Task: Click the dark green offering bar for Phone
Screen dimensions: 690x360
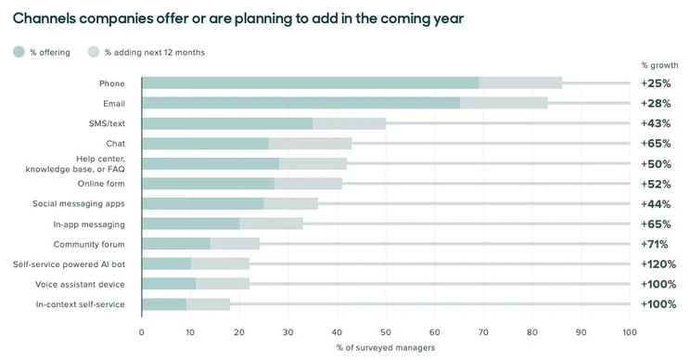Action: tap(311, 84)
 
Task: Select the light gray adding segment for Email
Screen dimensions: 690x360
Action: tap(504, 103)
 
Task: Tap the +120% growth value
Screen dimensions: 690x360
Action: tap(658, 264)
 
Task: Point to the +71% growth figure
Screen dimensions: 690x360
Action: tap(655, 244)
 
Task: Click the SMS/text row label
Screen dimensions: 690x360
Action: tap(107, 123)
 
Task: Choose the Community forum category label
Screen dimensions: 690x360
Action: tap(89, 244)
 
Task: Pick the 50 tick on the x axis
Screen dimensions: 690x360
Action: tap(386, 332)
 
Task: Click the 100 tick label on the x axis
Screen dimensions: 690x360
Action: tap(630, 332)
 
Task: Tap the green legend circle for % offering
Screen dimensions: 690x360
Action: tap(19, 52)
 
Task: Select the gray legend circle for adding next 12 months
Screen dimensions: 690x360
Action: tap(94, 52)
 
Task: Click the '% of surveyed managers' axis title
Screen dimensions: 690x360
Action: tap(386, 348)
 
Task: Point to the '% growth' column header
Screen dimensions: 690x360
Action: tap(659, 65)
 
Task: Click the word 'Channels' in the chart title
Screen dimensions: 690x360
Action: tap(45, 19)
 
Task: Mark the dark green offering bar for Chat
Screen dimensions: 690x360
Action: tap(206, 144)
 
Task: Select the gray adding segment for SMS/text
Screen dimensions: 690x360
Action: tap(350, 123)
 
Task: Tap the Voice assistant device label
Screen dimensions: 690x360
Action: tap(80, 284)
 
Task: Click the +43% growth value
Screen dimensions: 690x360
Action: tap(656, 123)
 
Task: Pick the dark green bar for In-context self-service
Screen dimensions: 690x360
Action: tap(164, 304)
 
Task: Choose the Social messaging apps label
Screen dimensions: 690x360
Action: tap(79, 204)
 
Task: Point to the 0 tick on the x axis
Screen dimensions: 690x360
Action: tap(141, 332)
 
